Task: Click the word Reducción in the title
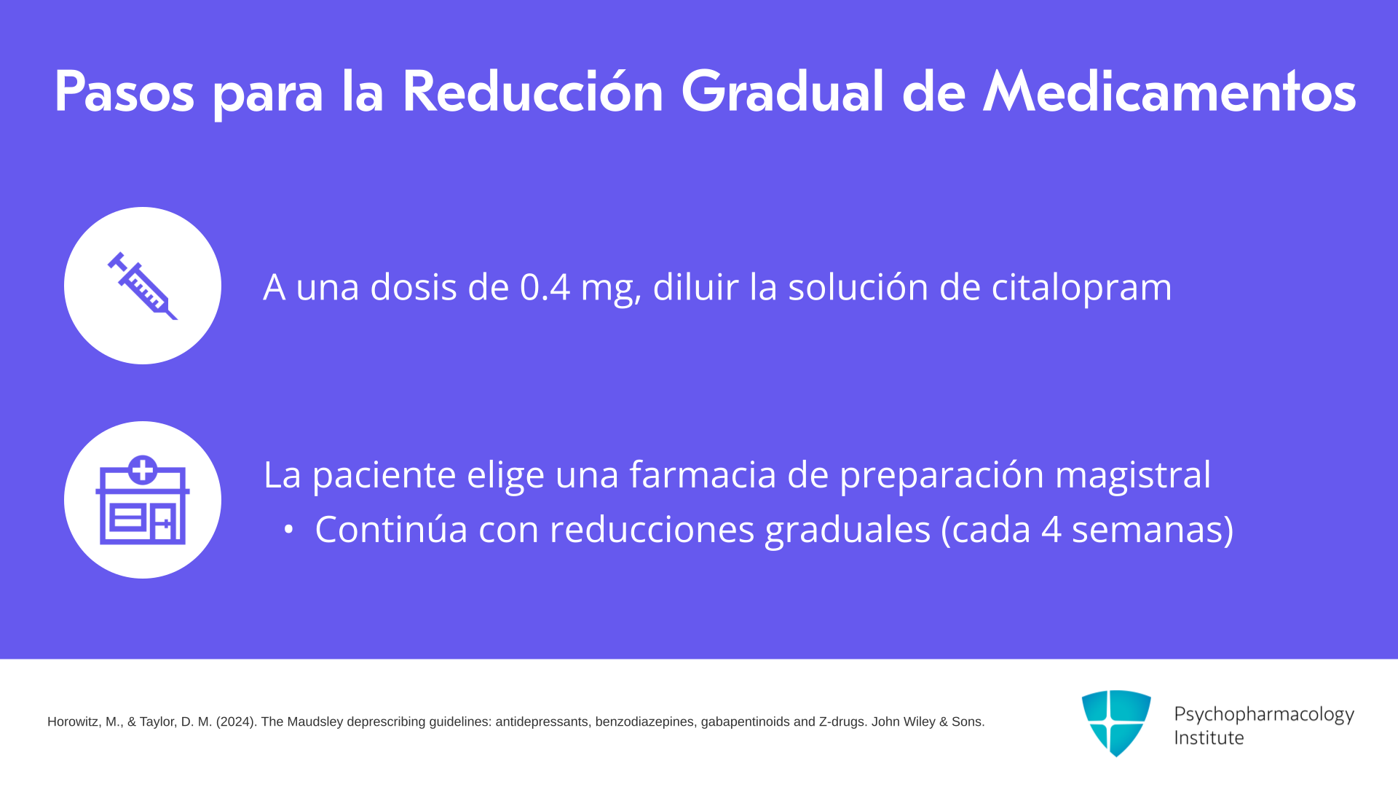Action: pos(532,92)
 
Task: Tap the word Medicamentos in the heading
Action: pos(1169,92)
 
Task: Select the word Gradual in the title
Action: pos(783,92)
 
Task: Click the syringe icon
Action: pos(143,286)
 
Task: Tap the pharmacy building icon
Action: pos(143,500)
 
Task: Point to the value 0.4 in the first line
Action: pos(545,286)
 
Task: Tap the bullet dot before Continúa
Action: pos(289,530)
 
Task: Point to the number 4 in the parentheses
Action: pos(1051,529)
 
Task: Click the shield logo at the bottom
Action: pos(1116,723)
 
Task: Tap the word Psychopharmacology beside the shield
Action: pos(1264,715)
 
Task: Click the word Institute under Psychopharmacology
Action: pos(1209,737)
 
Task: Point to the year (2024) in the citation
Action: pos(237,722)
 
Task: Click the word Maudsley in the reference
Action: pos(315,722)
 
